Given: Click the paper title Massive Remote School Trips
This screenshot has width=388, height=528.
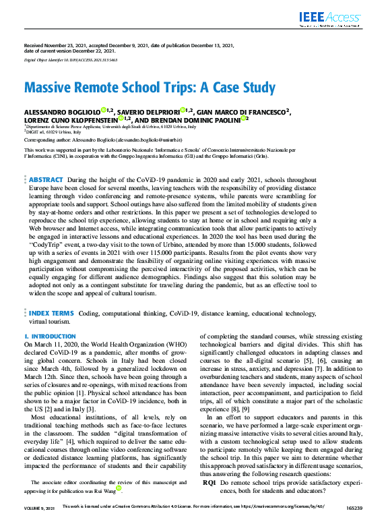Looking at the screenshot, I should [150, 88].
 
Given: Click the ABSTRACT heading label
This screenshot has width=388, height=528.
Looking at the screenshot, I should [46, 181].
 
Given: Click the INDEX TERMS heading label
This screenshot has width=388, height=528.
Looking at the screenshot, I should [51, 314].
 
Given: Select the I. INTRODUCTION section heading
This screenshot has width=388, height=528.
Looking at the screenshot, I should [50, 336].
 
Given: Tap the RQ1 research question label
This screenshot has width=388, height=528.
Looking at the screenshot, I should [209, 502].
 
